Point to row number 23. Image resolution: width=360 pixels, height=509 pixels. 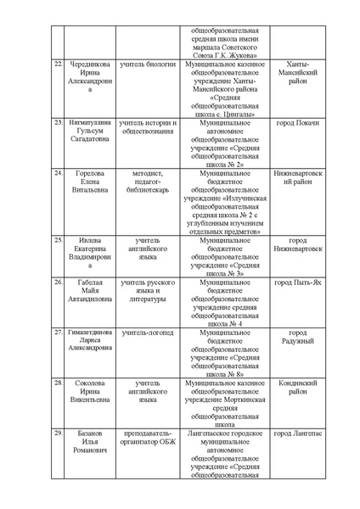click(58, 123)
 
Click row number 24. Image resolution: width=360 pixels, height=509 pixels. click(58, 173)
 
